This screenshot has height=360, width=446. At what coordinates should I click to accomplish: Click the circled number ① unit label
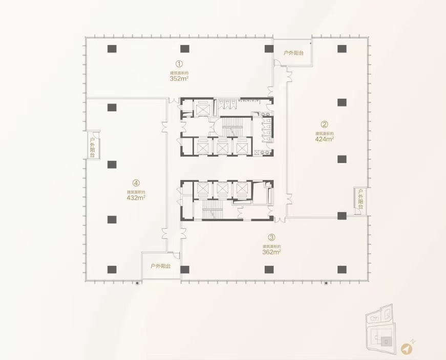(179, 64)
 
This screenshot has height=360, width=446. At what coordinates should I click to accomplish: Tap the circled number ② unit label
(324, 124)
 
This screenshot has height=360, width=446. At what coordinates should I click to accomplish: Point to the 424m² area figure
(325, 138)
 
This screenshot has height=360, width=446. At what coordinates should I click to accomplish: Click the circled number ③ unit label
(271, 237)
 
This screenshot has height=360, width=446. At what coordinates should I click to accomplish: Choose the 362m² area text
(271, 251)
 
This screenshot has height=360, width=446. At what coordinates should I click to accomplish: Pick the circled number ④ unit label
(136, 182)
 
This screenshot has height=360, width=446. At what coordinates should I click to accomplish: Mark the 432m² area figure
(136, 197)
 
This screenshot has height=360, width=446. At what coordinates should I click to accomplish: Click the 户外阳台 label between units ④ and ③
(160, 266)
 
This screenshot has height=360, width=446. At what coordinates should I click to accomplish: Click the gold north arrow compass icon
(407, 349)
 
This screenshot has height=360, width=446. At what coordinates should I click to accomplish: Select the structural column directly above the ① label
(184, 49)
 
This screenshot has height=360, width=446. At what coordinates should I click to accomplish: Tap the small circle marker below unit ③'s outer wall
(326, 282)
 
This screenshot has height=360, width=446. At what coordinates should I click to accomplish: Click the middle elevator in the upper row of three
(222, 147)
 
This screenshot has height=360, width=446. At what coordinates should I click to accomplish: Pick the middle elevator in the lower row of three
(222, 190)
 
